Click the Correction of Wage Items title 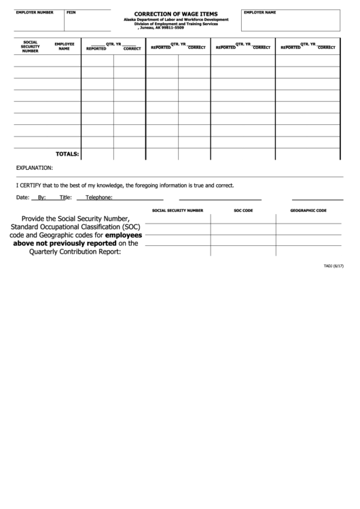click(x=176, y=14)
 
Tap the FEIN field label click(x=71, y=13)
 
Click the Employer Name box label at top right click(x=259, y=13)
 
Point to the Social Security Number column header click(x=30, y=46)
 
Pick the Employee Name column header click(x=65, y=46)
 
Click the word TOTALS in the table click(x=67, y=154)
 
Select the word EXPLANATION click(x=34, y=167)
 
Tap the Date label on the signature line click(x=22, y=198)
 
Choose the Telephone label click(x=98, y=198)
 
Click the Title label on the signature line click(x=65, y=198)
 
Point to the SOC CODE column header click(x=243, y=211)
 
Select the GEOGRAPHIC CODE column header click(x=308, y=211)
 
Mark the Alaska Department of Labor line click(x=176, y=20)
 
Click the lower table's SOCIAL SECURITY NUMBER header click(x=177, y=211)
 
